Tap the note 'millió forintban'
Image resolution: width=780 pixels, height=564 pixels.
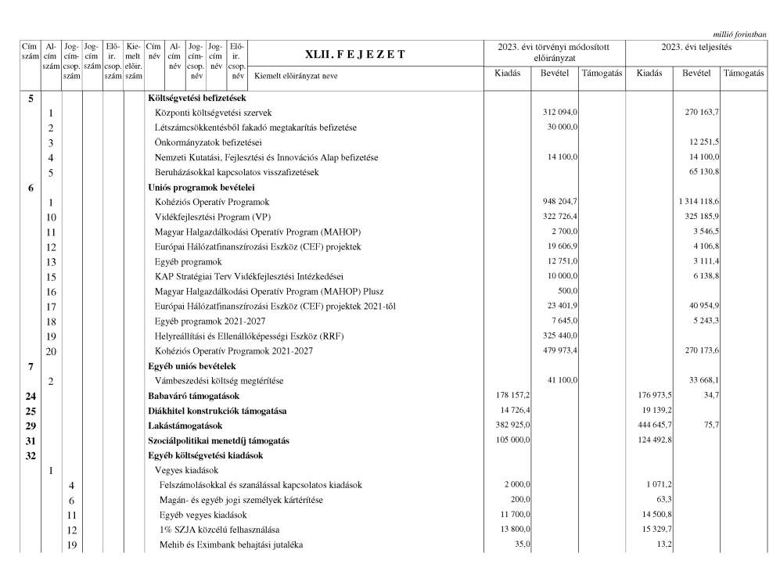click(x=739, y=33)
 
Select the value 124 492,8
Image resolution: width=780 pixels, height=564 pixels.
click(x=654, y=440)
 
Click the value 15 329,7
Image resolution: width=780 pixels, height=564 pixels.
click(x=654, y=530)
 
